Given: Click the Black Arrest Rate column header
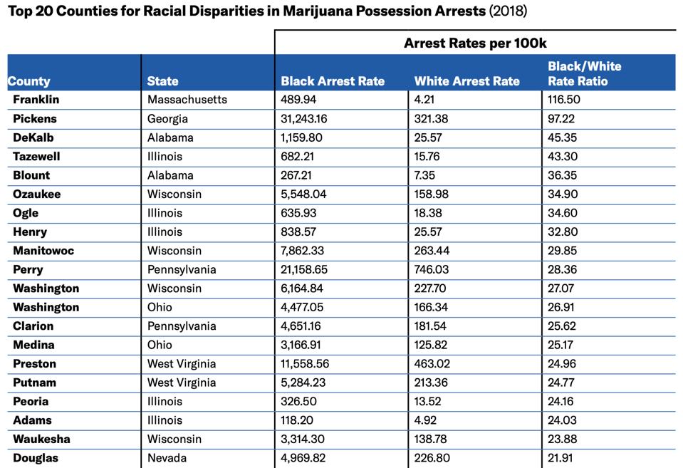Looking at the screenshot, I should tap(333, 81).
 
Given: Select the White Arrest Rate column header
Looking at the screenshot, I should tap(466, 81).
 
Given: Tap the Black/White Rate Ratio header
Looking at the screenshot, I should tap(584, 73).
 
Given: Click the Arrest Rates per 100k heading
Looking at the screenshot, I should tap(475, 43).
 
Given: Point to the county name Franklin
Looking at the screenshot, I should tap(36, 100).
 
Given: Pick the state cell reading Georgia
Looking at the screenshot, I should tap(167, 119).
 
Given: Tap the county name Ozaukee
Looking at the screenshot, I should tap(37, 194).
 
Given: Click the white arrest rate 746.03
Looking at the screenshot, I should tap(432, 269).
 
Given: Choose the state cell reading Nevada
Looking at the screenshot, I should tap(167, 458).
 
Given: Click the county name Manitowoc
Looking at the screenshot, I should tap(43, 251).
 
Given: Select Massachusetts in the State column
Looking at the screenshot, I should tap(187, 100).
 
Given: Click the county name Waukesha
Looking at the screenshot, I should tap(41, 439).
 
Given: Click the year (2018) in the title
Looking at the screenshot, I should tap(509, 12).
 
